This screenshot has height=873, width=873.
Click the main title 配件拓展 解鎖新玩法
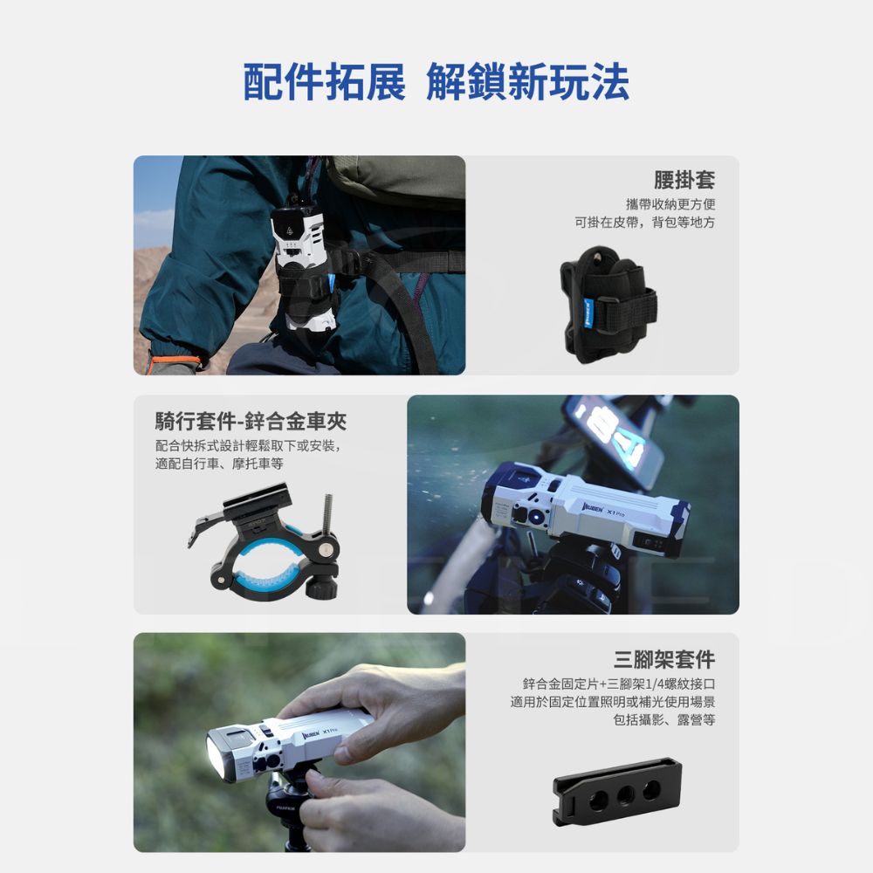click(x=436, y=82)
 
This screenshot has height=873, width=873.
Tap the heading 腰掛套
click(x=684, y=179)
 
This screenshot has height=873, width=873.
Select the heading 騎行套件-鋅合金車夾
click(x=251, y=422)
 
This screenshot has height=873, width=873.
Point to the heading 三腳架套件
click(x=664, y=659)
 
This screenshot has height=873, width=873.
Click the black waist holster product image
click(x=608, y=305)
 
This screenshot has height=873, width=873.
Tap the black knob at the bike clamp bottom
click(x=322, y=588)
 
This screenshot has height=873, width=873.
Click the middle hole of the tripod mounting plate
click(x=625, y=794)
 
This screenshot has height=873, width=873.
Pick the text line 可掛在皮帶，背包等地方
click(x=645, y=223)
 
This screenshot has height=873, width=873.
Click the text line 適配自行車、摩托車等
click(x=219, y=464)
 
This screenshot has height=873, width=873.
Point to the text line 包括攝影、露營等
click(x=663, y=720)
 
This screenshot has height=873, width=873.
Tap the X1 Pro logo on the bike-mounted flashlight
click(x=615, y=512)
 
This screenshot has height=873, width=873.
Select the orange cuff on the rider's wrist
click(x=174, y=361)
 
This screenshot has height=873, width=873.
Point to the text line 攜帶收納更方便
click(x=670, y=204)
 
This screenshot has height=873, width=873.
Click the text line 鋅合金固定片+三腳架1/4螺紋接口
click(x=619, y=684)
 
